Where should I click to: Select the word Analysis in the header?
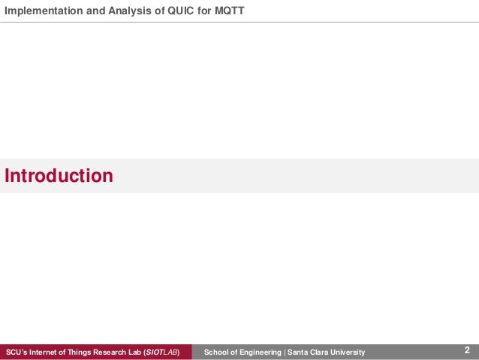coord(120,11)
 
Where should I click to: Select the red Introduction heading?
coord(59,176)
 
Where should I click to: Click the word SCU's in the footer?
coord(16,352)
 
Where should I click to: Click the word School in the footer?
coord(216,352)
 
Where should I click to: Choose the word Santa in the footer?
coord(299,352)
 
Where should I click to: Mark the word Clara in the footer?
coord(321,352)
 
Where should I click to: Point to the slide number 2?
coord(467,350)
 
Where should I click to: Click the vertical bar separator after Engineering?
coord(285,352)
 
